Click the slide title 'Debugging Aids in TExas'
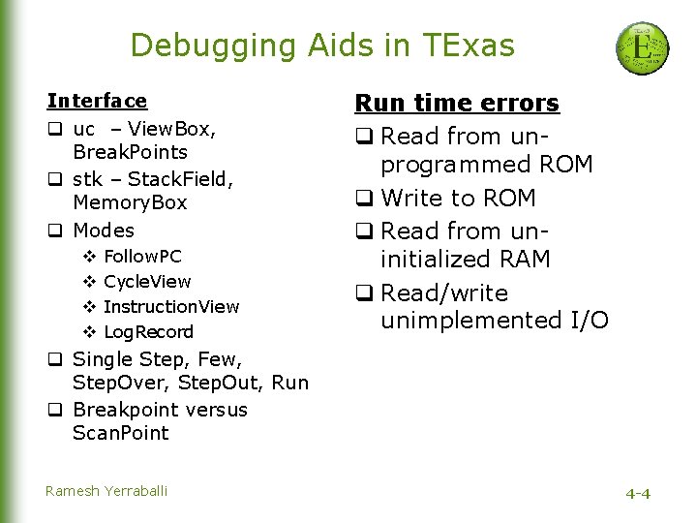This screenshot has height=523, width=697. coord(322,45)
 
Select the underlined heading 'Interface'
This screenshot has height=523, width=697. coord(97,101)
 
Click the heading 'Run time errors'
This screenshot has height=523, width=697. coord(457,103)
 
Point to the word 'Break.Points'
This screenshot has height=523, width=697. coord(130,152)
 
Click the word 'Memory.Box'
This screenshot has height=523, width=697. coord(130,203)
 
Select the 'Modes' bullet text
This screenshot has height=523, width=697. coord(104,231)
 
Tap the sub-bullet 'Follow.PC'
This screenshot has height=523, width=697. coord(142,257)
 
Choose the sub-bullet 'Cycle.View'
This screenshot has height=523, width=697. coord(147,282)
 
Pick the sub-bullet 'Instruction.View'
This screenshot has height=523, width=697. coord(171,307)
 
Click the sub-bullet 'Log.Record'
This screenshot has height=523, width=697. coord(148,332)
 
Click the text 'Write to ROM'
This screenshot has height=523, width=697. coord(458,199)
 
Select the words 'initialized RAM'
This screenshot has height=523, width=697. coord(466,260)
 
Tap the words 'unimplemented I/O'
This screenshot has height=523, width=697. coord(495,321)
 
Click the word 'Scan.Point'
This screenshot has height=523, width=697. coord(120,434)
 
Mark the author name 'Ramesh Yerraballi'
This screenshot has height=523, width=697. coord(106,491)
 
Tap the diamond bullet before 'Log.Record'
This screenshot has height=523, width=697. coord(88,332)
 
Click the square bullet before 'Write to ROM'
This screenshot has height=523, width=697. coord(364,199)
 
